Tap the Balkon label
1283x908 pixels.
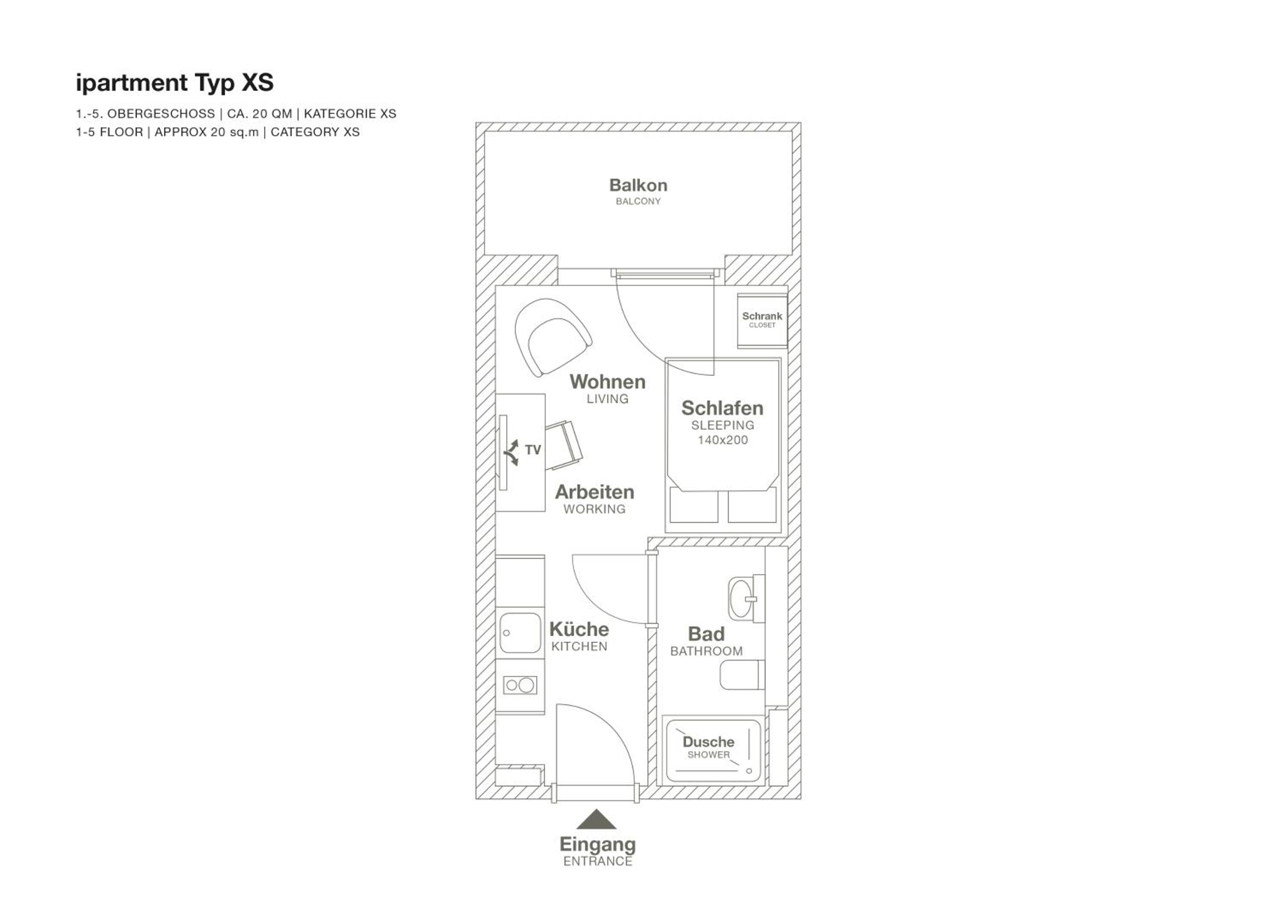638,185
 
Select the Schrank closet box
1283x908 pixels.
762,320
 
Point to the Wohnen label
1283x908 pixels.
607,382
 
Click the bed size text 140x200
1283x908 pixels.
722,440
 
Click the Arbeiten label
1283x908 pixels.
594,492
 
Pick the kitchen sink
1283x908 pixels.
520,633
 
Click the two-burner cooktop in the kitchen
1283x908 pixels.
520,685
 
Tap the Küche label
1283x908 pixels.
579,629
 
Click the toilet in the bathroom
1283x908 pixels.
742,675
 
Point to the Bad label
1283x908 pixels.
707,634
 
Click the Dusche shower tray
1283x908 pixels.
713,751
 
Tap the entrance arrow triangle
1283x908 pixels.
597,820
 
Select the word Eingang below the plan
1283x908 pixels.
597,845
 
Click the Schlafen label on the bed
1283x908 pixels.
722,408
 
